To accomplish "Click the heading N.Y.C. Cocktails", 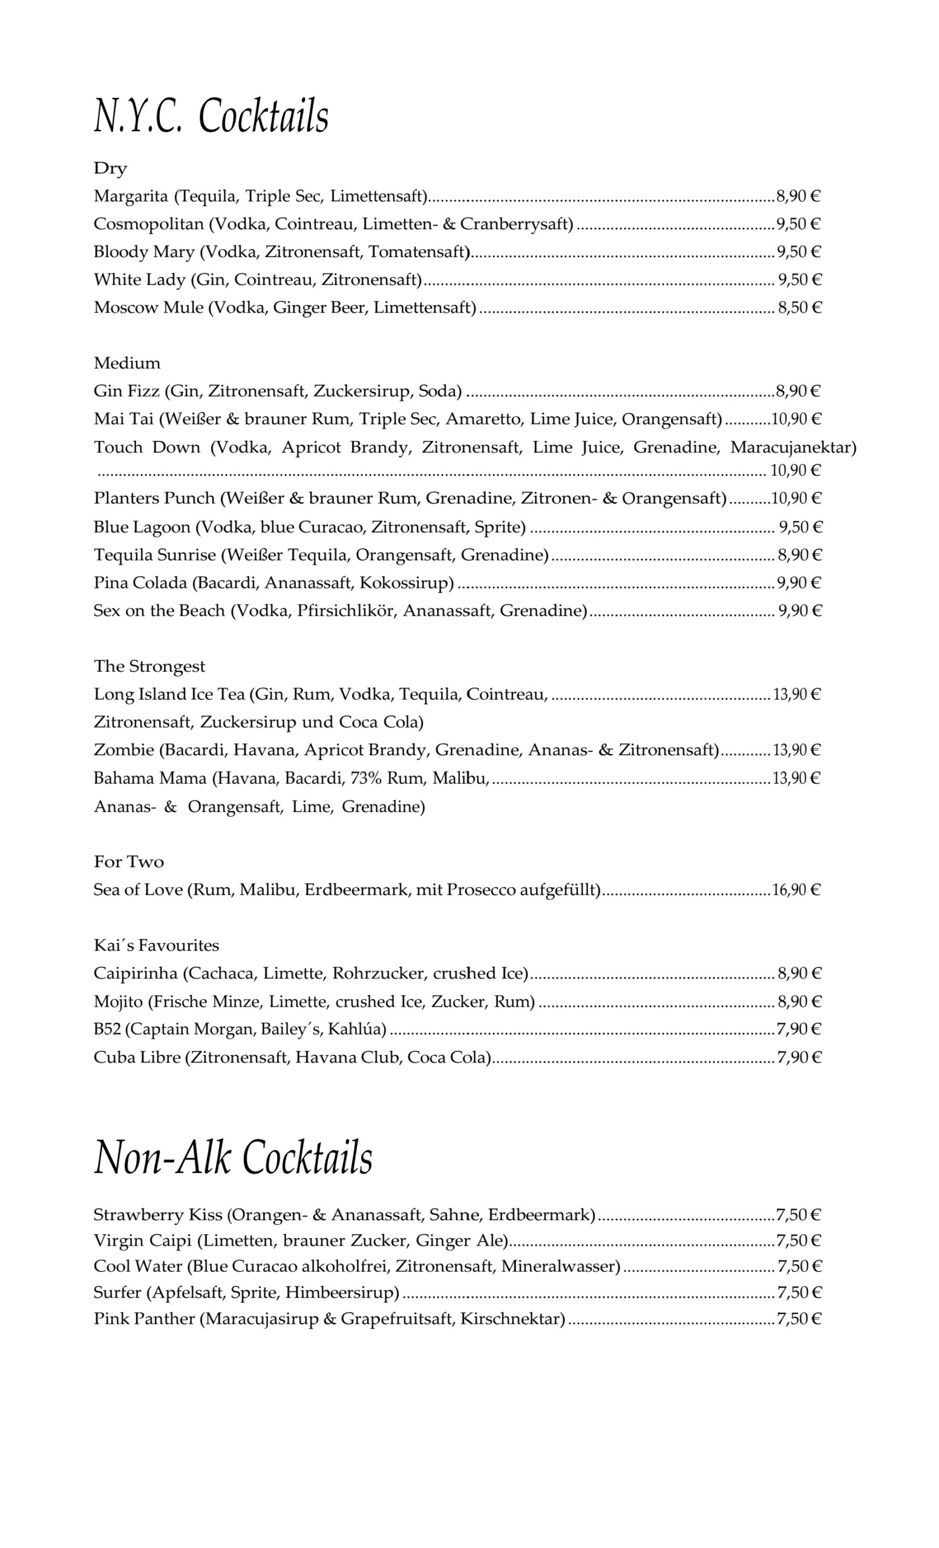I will click(211, 116).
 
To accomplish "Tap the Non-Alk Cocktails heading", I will click(233, 1157).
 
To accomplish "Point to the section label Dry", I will click(111, 168).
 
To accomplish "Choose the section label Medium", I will click(127, 363).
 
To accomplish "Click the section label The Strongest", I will click(149, 666).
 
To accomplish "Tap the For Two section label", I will click(129, 861).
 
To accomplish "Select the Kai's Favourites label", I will click(157, 945).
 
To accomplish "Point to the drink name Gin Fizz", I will click(126, 391).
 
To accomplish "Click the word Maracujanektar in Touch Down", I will click(793, 447).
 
